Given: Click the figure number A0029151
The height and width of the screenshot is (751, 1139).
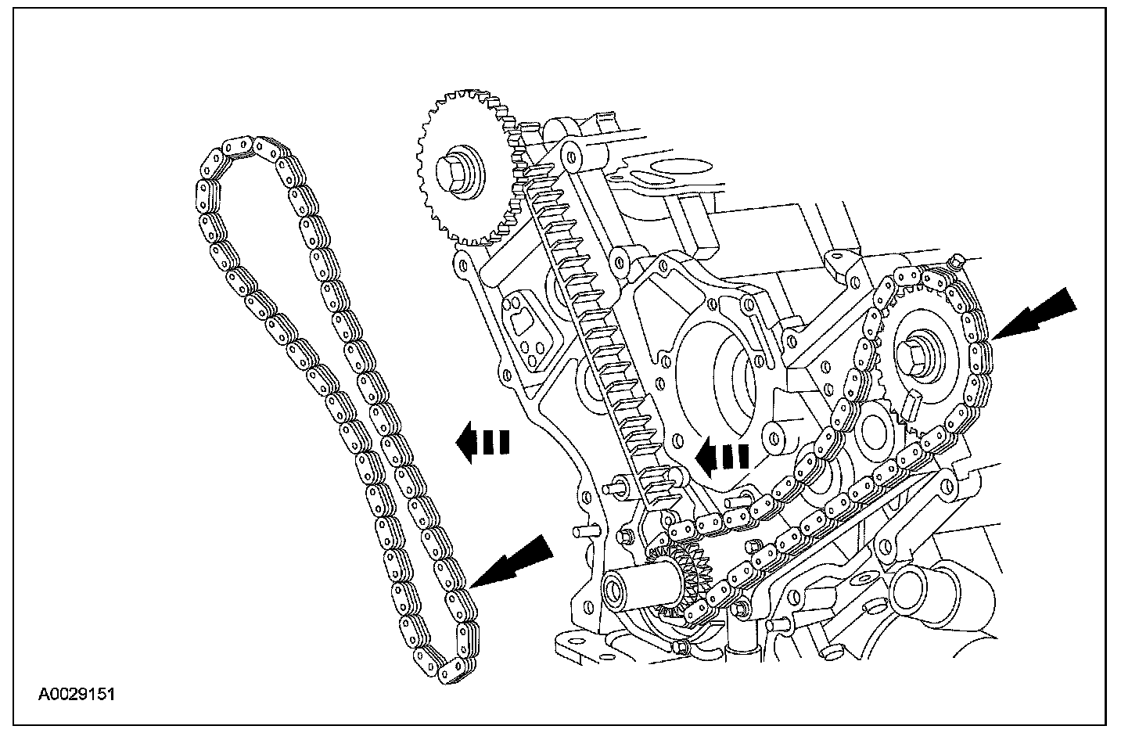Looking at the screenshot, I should pyautogui.click(x=77, y=693).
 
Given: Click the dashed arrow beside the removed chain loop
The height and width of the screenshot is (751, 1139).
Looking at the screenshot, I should pyautogui.click(x=482, y=443).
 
